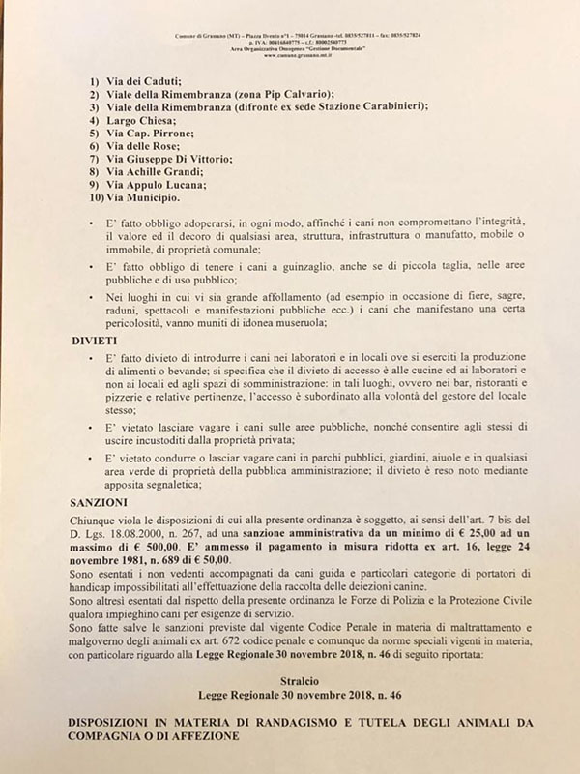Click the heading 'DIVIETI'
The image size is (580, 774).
click(x=96, y=342)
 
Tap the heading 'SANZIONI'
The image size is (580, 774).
click(x=101, y=504)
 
